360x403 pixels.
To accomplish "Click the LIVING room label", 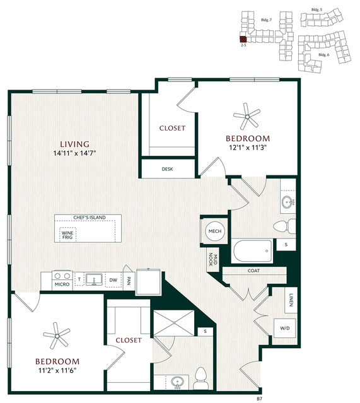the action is tap(74, 144).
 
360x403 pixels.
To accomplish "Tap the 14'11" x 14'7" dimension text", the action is tap(74, 153).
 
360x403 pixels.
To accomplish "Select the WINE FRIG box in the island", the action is tap(67, 235).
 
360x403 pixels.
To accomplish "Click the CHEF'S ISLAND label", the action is tap(90, 218).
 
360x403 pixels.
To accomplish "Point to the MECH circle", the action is tap(215, 231).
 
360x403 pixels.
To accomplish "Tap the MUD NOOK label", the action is tap(213, 259).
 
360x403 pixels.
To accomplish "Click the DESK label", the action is tap(167, 169).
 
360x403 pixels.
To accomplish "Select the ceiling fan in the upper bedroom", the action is tap(247, 117).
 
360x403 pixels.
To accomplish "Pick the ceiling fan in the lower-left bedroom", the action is tap(57, 336).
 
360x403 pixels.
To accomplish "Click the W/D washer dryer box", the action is tap(284, 328).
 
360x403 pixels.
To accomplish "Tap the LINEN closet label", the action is tap(291, 300).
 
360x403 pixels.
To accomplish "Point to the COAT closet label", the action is tap(253, 271).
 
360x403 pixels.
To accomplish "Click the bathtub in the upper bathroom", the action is tap(252, 251).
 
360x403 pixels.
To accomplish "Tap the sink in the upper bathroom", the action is tap(287, 202).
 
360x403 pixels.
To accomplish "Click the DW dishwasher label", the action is tap(113, 280).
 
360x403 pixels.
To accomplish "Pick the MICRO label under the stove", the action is tap(62, 284).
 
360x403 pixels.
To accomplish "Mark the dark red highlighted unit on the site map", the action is tap(243, 39).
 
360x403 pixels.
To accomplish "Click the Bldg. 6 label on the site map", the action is tap(324, 55).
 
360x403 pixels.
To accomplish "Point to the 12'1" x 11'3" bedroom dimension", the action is tap(248, 148).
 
